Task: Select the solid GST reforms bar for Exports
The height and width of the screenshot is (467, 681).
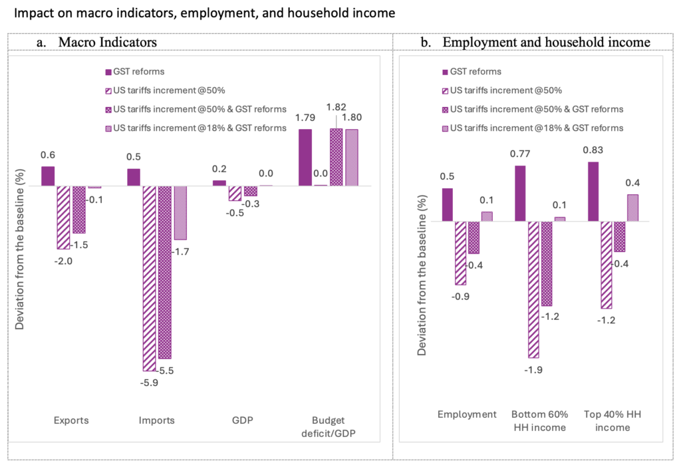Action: (x=48, y=176)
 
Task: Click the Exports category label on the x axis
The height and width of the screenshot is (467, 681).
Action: (x=71, y=420)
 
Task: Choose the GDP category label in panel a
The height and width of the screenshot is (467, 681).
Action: (x=243, y=420)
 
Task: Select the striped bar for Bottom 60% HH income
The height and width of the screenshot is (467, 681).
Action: (x=534, y=289)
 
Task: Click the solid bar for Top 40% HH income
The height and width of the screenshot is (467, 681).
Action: (x=593, y=192)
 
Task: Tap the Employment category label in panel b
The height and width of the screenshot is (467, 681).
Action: (x=467, y=414)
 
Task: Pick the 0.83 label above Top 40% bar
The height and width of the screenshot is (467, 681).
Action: (x=593, y=150)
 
